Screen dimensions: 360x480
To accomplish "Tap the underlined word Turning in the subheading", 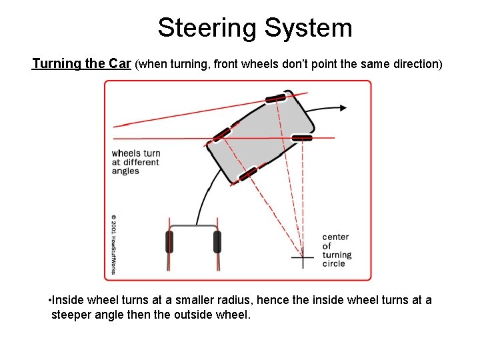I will [x=58, y=64].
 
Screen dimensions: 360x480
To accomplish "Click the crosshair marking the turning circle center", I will [x=303, y=257].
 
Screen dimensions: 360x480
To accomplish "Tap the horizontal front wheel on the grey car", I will [x=302, y=138].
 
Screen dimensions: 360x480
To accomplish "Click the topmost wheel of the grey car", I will [x=275, y=99].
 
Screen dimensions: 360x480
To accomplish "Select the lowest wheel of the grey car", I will [x=248, y=174].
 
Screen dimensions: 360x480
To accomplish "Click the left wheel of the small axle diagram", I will [x=169, y=241].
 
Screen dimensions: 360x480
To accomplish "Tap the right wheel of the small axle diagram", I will [x=217, y=241].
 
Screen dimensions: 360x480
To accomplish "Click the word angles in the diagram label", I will [x=125, y=171].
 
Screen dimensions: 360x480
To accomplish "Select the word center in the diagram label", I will [x=335, y=237].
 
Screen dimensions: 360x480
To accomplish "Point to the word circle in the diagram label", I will [x=334, y=263].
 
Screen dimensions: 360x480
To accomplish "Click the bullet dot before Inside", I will [x=51, y=300].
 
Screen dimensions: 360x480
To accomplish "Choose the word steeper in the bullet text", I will [x=73, y=314].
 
